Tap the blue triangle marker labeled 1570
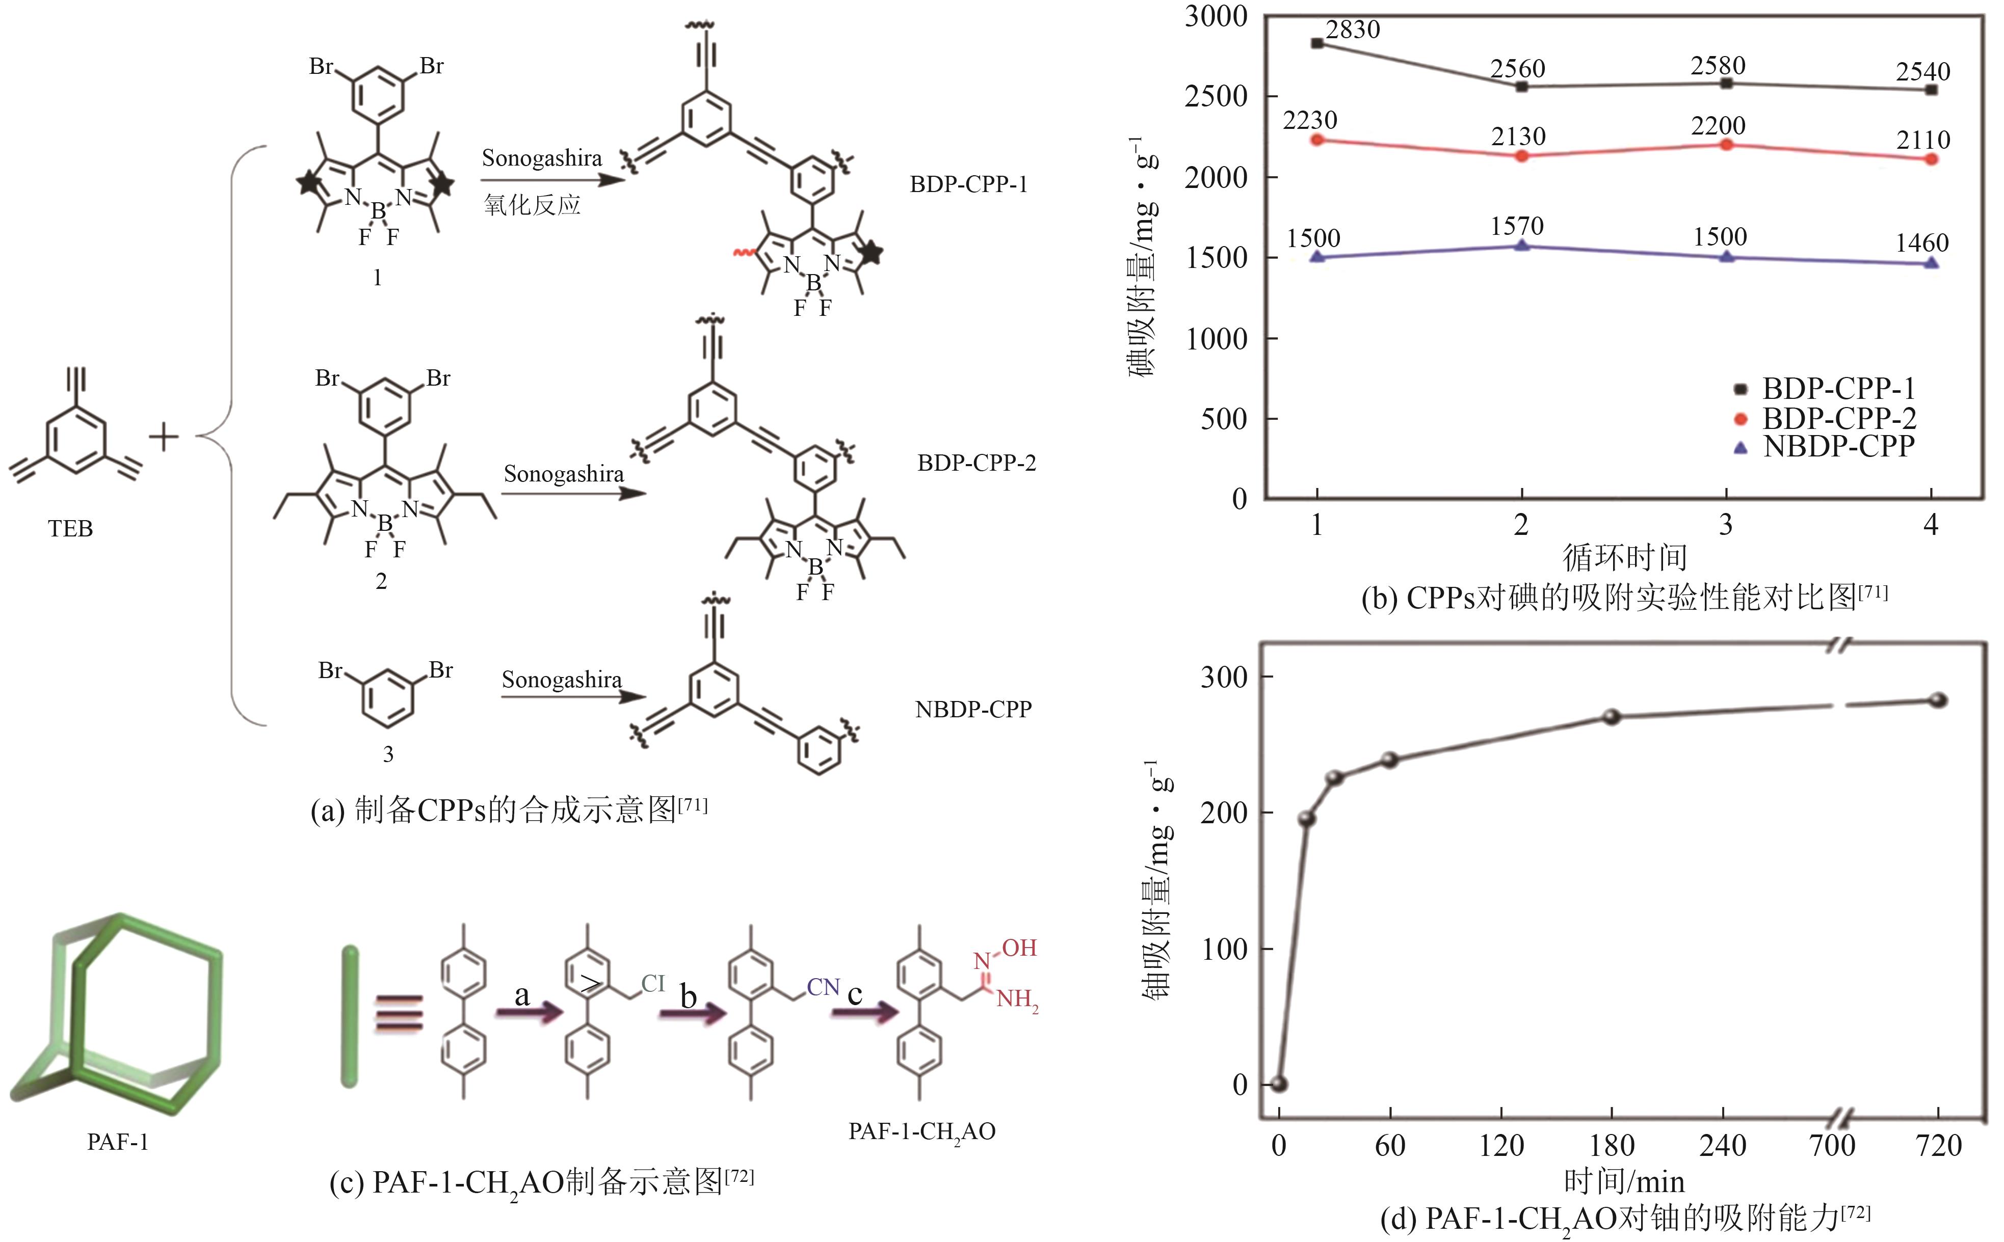pos(1522,245)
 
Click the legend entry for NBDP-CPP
pos(1838,446)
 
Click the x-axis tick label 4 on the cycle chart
pos(1931,524)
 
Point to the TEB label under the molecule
pos(71,528)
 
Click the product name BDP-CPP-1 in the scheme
pos(969,184)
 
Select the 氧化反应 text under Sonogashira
pos(532,204)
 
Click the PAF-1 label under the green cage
pos(118,1142)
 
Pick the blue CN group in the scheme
pos(823,987)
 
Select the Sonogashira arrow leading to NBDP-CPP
pos(573,696)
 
